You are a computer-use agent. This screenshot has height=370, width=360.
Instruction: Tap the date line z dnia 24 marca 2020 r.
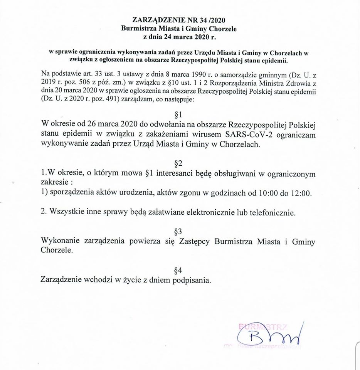[x=178, y=37]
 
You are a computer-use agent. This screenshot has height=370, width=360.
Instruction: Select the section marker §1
[x=178, y=115]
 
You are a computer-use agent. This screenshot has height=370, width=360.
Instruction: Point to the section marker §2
[x=178, y=163]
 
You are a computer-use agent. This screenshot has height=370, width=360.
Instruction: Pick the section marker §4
[x=178, y=269]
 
